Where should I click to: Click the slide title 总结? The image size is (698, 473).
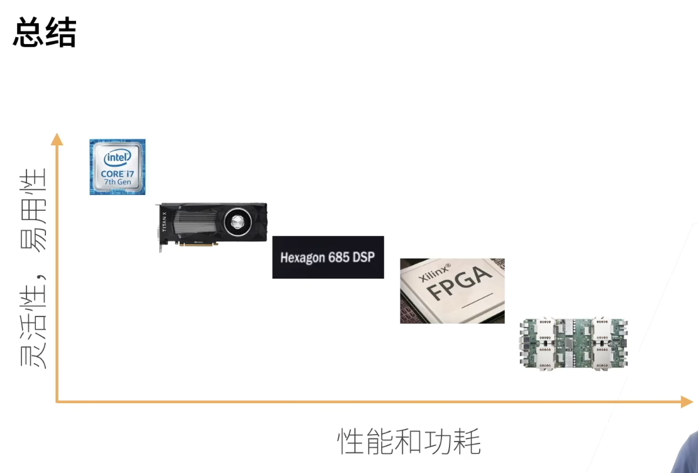pyautogui.click(x=44, y=33)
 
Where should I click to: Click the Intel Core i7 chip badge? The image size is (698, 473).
pyautogui.click(x=118, y=167)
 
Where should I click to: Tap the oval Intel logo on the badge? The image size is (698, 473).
pyautogui.click(x=118, y=157)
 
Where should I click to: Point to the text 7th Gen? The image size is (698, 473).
pyautogui.click(x=118, y=182)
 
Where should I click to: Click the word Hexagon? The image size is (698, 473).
pyautogui.click(x=302, y=258)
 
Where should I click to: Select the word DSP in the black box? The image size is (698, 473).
pyautogui.click(x=365, y=257)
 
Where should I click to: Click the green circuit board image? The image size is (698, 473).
pyautogui.click(x=574, y=343)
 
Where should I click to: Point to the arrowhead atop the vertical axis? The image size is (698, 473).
pyautogui.click(x=57, y=138)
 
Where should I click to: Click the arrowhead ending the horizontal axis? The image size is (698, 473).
pyautogui.click(x=687, y=401)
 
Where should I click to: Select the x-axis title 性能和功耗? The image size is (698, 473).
pyautogui.click(x=409, y=442)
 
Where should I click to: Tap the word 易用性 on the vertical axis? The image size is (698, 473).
pyautogui.click(x=33, y=210)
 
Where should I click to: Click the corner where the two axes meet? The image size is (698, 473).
pyautogui.click(x=57, y=401)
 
